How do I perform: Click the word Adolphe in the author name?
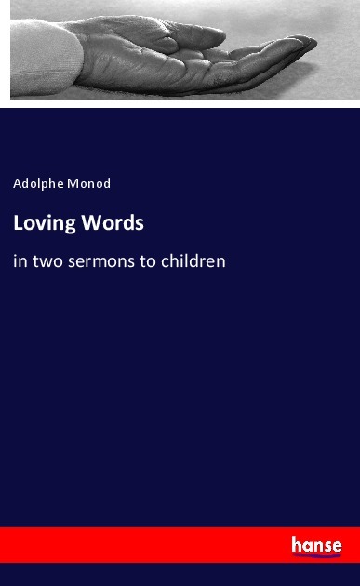(38, 183)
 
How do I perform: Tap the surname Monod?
(90, 183)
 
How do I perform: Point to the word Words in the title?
(113, 223)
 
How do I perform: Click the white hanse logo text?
(316, 545)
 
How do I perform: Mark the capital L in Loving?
(18, 223)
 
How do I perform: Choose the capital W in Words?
(90, 223)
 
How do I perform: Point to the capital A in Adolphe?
(18, 183)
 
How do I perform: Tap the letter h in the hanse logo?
(297, 544)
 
